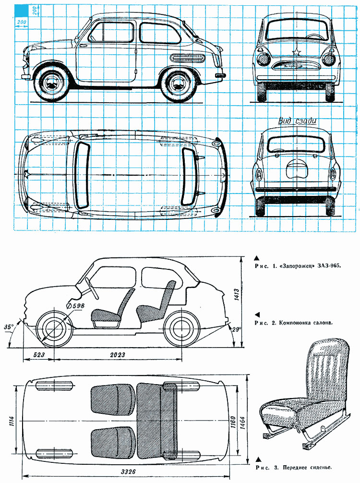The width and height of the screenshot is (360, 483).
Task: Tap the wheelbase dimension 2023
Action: (117, 355)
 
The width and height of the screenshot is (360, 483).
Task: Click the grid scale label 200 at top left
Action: (20, 23)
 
